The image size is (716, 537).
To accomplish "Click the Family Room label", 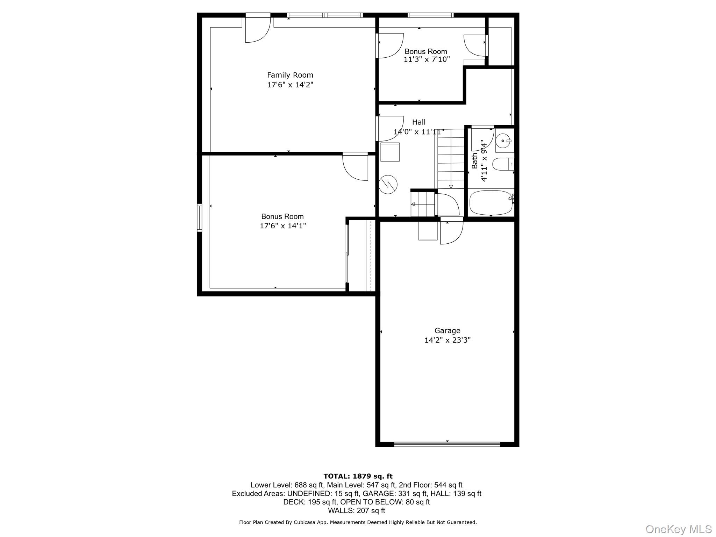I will (x=290, y=75).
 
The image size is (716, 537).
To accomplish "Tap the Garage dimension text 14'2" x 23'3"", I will (x=447, y=340).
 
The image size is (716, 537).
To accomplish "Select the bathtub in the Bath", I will (x=491, y=203).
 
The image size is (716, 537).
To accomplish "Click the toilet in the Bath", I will (x=502, y=164).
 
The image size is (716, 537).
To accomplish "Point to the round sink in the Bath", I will (x=503, y=141).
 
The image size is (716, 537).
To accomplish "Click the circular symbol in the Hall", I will (x=388, y=184).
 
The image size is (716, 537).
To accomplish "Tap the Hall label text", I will (x=418, y=122).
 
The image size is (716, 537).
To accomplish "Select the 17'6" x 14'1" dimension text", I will (x=282, y=226).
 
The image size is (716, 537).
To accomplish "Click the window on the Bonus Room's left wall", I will (x=199, y=218).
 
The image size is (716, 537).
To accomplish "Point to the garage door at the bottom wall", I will (x=447, y=444).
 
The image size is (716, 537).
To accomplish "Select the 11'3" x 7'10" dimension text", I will (x=427, y=59).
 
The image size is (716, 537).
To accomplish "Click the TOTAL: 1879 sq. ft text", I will (x=358, y=476).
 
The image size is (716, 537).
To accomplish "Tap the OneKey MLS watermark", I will (x=678, y=529).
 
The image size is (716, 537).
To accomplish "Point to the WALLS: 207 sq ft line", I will (x=356, y=510).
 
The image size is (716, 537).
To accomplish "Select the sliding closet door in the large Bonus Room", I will (x=347, y=253).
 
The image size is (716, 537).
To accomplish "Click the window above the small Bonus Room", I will (x=430, y=15).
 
